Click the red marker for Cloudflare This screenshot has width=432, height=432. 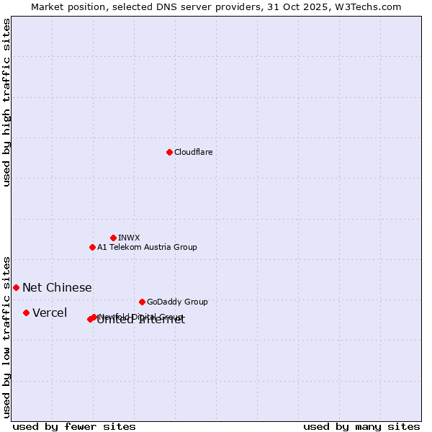(169, 152)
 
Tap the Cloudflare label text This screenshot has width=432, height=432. (193, 152)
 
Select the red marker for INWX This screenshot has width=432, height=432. (113, 238)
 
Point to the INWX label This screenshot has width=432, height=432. (129, 238)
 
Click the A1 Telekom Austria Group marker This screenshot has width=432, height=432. (92, 247)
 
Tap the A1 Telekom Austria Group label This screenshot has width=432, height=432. (147, 247)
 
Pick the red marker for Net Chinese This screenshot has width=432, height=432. (16, 287)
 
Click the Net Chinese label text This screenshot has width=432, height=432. (57, 287)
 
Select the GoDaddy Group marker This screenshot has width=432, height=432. (142, 302)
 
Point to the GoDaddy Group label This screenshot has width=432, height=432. (177, 302)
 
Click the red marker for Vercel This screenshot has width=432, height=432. (26, 312)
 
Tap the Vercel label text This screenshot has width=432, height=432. (50, 312)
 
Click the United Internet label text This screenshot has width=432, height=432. (141, 321)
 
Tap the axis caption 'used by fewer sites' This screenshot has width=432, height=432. (74, 426)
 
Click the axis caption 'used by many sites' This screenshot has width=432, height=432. (361, 426)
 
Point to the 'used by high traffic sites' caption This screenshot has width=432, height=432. (6, 102)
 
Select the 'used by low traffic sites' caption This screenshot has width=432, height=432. (6, 336)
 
